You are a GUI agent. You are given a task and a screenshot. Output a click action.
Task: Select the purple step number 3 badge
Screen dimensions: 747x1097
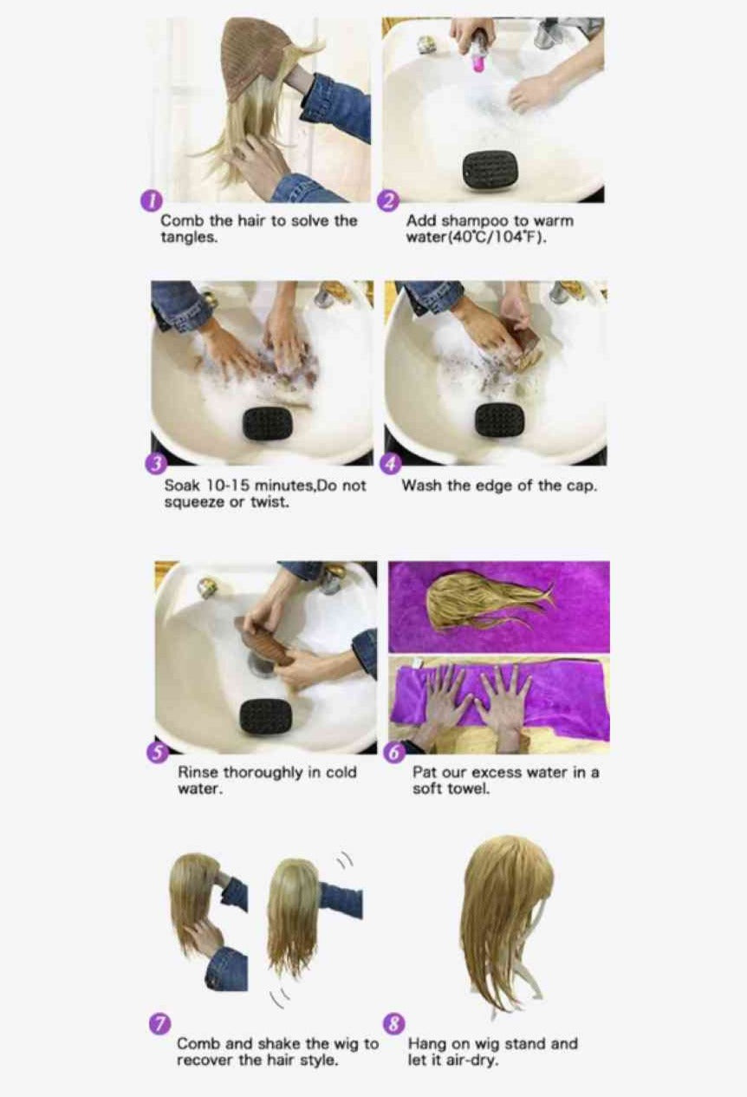(155, 464)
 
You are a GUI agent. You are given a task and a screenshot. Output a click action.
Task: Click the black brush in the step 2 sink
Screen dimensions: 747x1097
(490, 169)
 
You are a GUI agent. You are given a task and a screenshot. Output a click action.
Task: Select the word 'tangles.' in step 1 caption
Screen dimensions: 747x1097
(188, 238)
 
